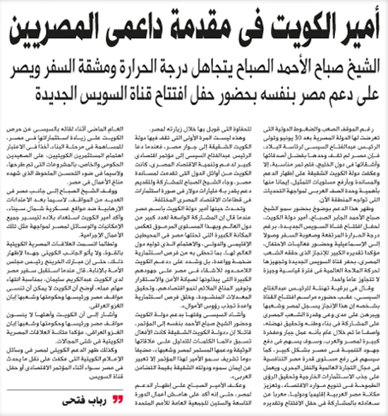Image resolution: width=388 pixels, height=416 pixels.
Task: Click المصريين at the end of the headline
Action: click(47, 30)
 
